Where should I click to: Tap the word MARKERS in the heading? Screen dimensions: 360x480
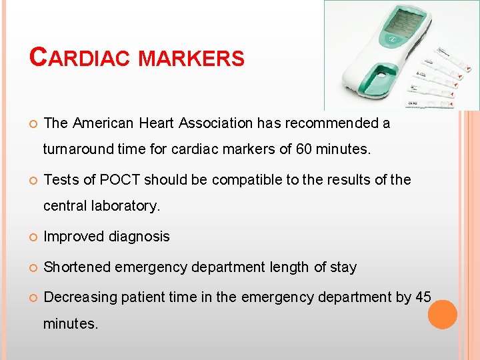(191, 58)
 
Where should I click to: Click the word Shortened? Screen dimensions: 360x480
(77, 267)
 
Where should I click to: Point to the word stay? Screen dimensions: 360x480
(343, 267)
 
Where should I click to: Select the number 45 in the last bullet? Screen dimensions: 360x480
(423, 297)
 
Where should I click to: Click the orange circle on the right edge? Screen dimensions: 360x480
(442, 314)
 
